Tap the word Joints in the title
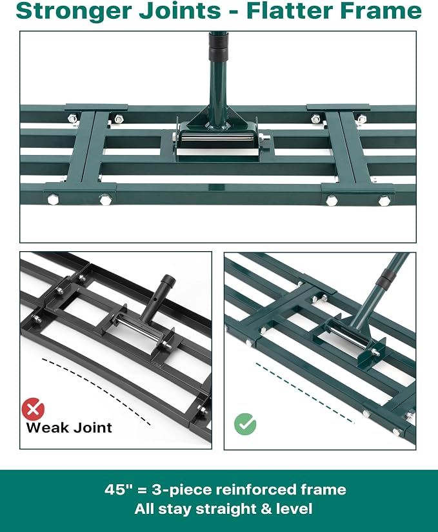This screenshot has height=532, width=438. pyautogui.click(x=180, y=11)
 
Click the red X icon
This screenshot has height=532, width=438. pyautogui.click(x=33, y=409)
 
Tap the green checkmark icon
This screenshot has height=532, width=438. pyautogui.click(x=245, y=424)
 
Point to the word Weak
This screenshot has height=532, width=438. pyautogui.click(x=48, y=427)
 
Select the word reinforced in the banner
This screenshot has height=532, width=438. pyautogui.click(x=256, y=489)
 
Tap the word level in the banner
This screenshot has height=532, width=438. pyautogui.click(x=294, y=509)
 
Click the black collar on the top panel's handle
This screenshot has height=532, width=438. pyautogui.click(x=218, y=46)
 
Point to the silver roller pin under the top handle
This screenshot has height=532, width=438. pyautogui.click(x=217, y=139)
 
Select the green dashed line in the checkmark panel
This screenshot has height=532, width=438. pyautogui.click(x=304, y=394)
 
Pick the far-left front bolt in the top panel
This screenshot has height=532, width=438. pyautogui.click(x=53, y=199)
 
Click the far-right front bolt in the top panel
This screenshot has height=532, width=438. pyautogui.click(x=384, y=201)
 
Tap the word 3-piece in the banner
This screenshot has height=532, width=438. pyautogui.click(x=182, y=490)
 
